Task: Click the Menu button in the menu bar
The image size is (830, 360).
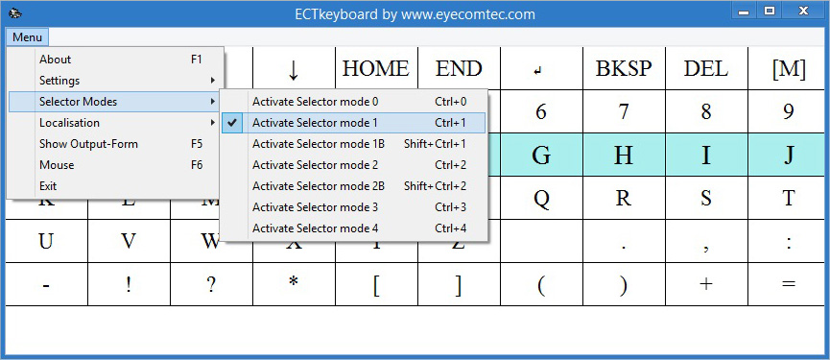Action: pos(27,37)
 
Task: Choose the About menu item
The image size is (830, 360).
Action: pos(56,60)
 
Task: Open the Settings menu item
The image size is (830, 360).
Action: pos(59,81)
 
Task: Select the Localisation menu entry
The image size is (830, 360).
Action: pos(69,123)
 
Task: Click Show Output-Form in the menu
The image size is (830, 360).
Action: pos(88,144)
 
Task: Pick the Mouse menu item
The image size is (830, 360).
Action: pos(57,165)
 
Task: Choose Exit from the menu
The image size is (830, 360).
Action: pos(48,186)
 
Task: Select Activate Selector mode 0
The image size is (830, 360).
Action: pos(315,102)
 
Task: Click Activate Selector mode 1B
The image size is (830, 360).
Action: pos(318,144)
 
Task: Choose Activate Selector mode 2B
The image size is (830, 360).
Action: pos(318,186)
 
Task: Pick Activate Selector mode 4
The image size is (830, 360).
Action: pos(315,228)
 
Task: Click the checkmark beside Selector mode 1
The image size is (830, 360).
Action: pos(231,123)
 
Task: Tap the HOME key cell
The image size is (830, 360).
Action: pos(375,69)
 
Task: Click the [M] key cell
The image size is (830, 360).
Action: pos(788,69)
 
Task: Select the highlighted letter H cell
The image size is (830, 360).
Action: pos(624,156)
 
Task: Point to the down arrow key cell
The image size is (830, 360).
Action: pos(294,69)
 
